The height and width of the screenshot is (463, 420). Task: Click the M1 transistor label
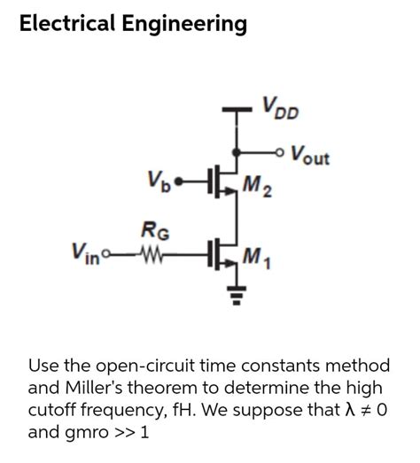tap(257, 259)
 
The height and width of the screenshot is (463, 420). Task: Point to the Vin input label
tap(83, 251)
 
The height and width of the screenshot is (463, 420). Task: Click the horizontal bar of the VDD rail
tap(237, 112)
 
